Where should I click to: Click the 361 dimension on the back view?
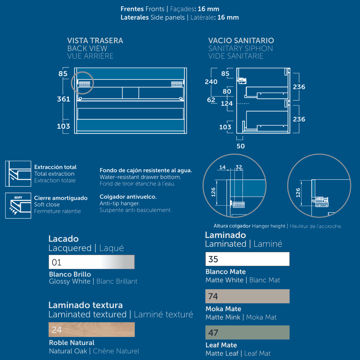(64, 99)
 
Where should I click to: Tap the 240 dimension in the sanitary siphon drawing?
(211, 82)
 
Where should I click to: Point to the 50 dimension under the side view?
(241, 146)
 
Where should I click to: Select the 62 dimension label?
(211, 100)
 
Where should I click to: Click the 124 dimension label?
(227, 103)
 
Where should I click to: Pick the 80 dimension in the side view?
(227, 91)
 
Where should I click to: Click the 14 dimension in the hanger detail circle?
(222, 167)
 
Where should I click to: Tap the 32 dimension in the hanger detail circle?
(239, 167)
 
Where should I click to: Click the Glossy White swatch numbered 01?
(91, 262)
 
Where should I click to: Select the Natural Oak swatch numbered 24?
(91, 329)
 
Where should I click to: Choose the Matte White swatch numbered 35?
(247, 259)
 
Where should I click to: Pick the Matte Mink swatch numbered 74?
(247, 296)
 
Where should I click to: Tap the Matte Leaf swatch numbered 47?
(247, 332)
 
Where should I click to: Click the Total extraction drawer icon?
(18, 174)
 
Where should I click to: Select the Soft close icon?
(18, 205)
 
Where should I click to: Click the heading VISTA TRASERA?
(95, 40)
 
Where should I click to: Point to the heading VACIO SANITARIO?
(241, 40)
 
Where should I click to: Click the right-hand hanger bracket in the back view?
(177, 84)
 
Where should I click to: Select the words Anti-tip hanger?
(120, 203)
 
